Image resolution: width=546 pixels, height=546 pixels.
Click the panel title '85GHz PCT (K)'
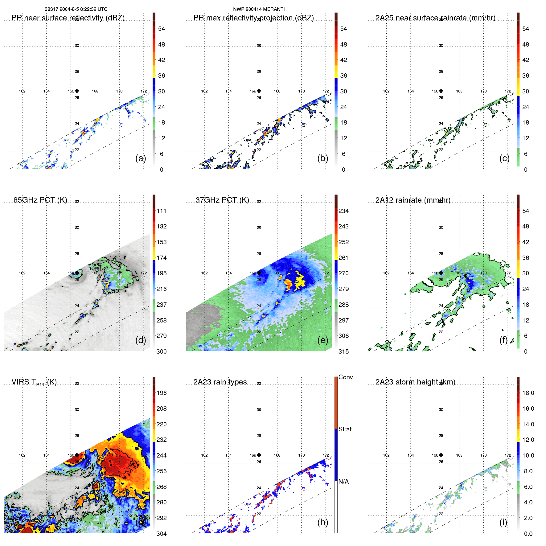pos(40,200)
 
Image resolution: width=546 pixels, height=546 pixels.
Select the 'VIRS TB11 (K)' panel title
pos(34,382)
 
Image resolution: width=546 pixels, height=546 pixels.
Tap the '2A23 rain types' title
pos(220,382)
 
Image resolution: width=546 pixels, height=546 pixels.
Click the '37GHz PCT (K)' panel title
pos(222,200)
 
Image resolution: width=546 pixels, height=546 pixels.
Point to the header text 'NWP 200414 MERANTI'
pos(259,9)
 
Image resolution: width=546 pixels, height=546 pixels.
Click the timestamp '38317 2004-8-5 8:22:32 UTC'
pos(76,9)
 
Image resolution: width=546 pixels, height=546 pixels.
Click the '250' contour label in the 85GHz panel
pos(113,291)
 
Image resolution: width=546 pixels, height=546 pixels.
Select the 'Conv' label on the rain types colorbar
pos(345,377)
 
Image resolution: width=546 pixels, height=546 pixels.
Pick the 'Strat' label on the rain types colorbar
pos(345,429)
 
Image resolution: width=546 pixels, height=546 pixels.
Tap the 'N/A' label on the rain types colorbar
pos(343,482)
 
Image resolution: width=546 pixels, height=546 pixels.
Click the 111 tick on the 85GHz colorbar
pos(161,211)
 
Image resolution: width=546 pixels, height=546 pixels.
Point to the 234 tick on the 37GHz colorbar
pos(343,211)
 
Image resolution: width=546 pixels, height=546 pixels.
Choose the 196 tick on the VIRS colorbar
pos(161,393)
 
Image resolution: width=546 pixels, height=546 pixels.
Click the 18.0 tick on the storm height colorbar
pos(528,393)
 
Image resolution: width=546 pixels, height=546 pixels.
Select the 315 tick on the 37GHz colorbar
pos(343,351)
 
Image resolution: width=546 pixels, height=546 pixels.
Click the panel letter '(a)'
pos(141,158)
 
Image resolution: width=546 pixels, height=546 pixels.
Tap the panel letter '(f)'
pos(503,340)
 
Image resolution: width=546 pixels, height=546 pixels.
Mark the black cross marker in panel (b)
pos(259,91)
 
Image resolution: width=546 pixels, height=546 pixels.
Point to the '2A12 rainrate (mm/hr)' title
pos(413,200)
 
